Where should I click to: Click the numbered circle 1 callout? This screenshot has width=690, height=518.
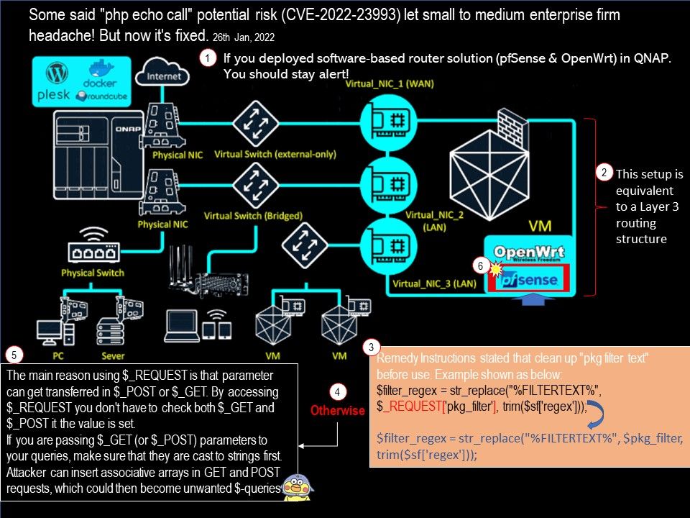pyautogui.click(x=208, y=60)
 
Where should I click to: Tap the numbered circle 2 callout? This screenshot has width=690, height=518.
pyautogui.click(x=604, y=173)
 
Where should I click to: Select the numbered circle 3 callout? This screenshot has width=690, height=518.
pyautogui.click(x=370, y=347)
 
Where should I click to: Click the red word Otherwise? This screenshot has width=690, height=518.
pyautogui.click(x=337, y=411)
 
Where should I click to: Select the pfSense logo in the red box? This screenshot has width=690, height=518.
pyautogui.click(x=528, y=278)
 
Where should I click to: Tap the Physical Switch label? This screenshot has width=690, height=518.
pyautogui.click(x=92, y=273)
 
